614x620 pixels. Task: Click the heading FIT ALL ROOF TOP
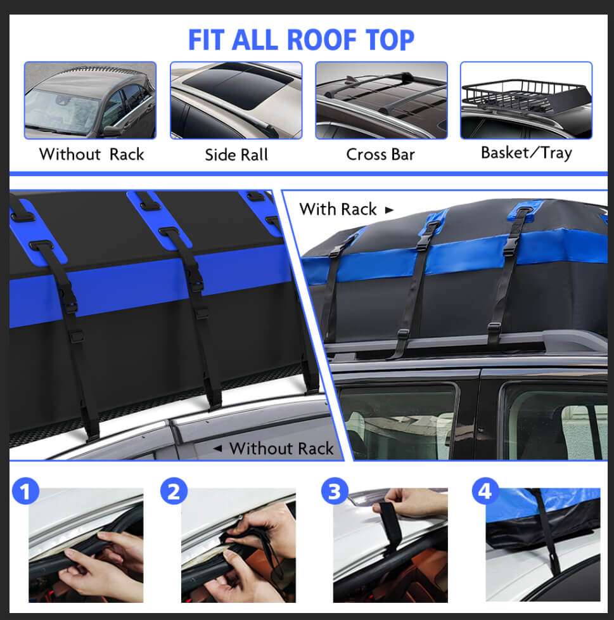pyautogui.click(x=301, y=39)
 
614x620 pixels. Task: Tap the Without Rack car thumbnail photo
pyautogui.click(x=90, y=100)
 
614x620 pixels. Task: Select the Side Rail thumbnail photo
pyautogui.click(x=236, y=100)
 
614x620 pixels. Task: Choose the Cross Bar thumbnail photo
pyautogui.click(x=381, y=100)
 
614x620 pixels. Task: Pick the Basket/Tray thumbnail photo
pyautogui.click(x=526, y=100)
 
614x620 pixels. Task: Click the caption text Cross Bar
pyautogui.click(x=380, y=154)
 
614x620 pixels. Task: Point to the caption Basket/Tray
pyautogui.click(x=526, y=153)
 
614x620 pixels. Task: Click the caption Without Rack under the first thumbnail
pyautogui.click(x=91, y=154)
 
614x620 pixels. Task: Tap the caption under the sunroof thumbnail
pyautogui.click(x=236, y=155)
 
